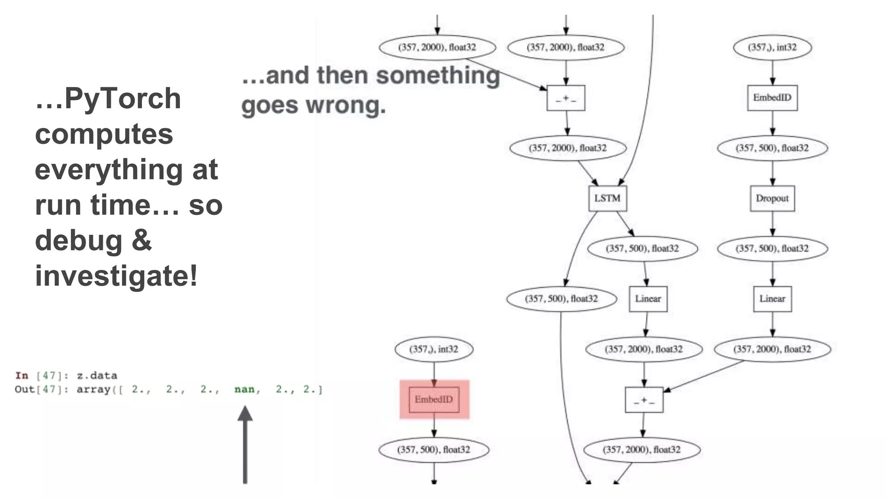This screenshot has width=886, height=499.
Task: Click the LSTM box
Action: click(607, 198)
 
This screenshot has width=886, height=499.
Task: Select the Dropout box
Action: click(772, 198)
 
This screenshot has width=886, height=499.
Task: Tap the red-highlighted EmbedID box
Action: click(434, 399)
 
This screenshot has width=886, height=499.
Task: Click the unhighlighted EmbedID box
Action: click(772, 98)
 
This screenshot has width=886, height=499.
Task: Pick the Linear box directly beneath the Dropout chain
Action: click(772, 299)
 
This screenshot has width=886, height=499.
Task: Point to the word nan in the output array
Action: click(244, 389)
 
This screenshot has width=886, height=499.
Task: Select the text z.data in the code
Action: click(97, 376)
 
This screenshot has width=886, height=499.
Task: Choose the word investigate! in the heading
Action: click(116, 276)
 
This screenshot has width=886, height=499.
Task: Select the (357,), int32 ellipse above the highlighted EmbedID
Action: click(434, 349)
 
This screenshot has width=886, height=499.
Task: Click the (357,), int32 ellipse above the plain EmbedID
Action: click(772, 47)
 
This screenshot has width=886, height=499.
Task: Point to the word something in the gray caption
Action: click(438, 75)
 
